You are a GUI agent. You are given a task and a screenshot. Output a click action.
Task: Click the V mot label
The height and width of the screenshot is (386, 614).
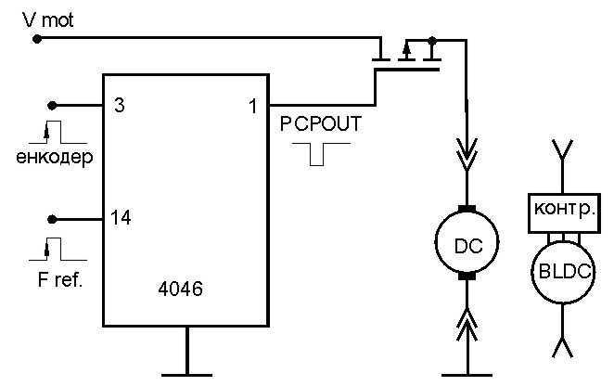click(x=48, y=20)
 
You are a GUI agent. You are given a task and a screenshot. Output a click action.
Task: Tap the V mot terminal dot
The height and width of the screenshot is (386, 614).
click(x=37, y=39)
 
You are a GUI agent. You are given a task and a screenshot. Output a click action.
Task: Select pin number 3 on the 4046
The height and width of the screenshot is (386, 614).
click(x=120, y=105)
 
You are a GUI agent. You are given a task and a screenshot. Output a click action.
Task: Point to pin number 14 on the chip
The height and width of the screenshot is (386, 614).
click(x=121, y=217)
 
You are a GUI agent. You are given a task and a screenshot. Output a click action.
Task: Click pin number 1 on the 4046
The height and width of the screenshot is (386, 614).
click(x=253, y=106)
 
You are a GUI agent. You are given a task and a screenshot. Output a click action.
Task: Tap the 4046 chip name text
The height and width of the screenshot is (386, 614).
click(x=181, y=289)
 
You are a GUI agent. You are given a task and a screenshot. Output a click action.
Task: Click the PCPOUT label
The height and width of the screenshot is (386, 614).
click(x=321, y=124)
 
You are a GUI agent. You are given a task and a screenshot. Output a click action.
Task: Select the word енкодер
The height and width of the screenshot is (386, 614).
click(x=55, y=158)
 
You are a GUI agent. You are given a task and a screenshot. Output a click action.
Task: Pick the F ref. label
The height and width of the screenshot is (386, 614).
click(x=60, y=280)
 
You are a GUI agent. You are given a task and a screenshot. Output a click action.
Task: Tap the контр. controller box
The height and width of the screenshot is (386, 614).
click(x=564, y=213)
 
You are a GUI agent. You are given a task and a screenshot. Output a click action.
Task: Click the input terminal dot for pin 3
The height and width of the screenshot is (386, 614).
click(x=52, y=106)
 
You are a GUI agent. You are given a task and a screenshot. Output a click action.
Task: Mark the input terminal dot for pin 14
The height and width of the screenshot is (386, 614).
click(x=52, y=219)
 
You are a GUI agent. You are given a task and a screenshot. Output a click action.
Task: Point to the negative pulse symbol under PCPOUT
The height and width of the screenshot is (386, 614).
click(x=321, y=154)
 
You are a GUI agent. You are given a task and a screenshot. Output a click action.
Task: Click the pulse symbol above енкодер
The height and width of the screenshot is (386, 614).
click(x=58, y=133)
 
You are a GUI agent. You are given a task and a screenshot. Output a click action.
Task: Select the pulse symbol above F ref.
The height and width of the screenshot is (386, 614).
click(x=58, y=250)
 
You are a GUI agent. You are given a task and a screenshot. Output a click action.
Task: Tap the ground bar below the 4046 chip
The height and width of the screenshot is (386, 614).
click(x=187, y=376)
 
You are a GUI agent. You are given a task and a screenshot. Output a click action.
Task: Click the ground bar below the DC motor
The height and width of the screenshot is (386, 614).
click(x=467, y=376)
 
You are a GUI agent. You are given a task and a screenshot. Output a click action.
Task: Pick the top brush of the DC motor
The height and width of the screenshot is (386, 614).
click(x=467, y=209)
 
